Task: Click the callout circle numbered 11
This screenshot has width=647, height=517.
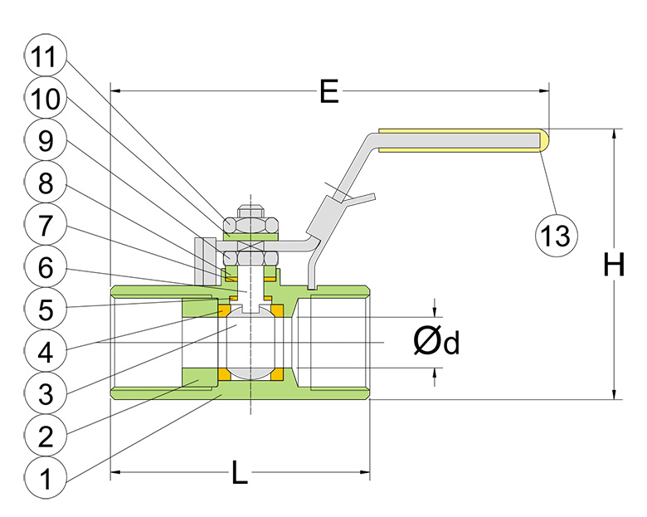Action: pyautogui.click(x=46, y=56)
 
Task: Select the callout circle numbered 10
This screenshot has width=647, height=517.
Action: pyautogui.click(x=46, y=98)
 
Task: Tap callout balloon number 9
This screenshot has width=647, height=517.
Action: pyautogui.click(x=46, y=140)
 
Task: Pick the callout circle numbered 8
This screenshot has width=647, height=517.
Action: pyautogui.click(x=46, y=183)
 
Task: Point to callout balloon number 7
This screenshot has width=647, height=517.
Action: pyautogui.click(x=46, y=225)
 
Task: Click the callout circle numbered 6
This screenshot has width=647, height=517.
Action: pyautogui.click(x=46, y=267)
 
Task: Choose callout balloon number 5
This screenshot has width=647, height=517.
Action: pyautogui.click(x=46, y=310)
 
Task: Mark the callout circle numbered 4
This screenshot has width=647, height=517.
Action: pyautogui.click(x=46, y=352)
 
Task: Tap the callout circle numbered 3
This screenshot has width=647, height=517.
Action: pyautogui.click(x=46, y=394)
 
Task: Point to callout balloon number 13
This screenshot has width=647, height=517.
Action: pyautogui.click(x=557, y=236)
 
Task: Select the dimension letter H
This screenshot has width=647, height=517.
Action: pyautogui.click(x=614, y=264)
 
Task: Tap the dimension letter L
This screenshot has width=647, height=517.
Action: pyautogui.click(x=240, y=472)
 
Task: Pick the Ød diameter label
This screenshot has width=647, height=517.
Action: pyautogui.click(x=436, y=342)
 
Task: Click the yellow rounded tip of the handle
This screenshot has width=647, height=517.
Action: pyautogui.click(x=545, y=140)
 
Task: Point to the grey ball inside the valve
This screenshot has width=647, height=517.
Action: pyautogui.click(x=251, y=343)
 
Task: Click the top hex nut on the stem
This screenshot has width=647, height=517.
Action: pyautogui.click(x=251, y=226)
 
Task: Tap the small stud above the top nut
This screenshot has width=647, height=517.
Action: pyautogui.click(x=251, y=212)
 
